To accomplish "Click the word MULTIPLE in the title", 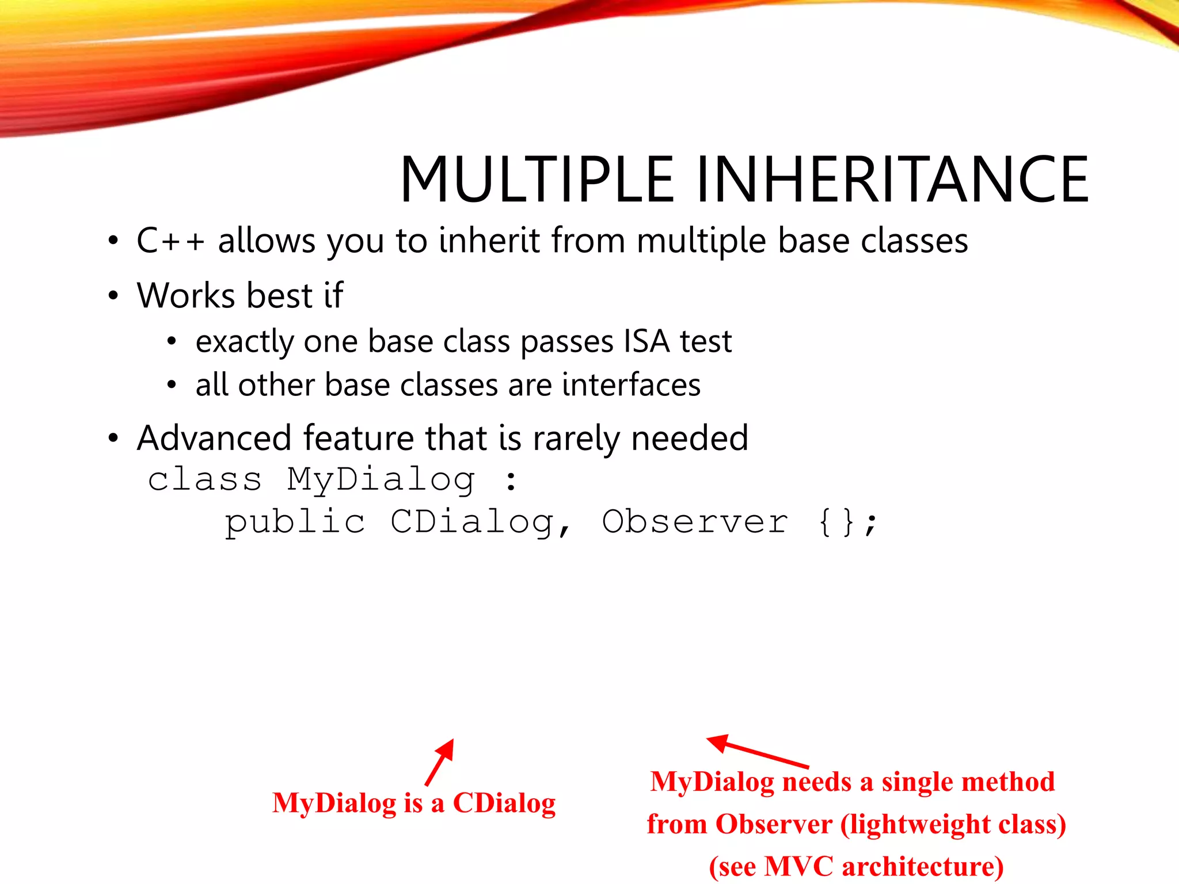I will (537, 180).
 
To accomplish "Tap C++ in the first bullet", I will (170, 241).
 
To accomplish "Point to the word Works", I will (185, 296).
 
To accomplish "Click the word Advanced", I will (214, 438).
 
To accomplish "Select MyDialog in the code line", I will (381, 479).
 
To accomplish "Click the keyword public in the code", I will (295, 522).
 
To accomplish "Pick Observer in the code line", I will (695, 522).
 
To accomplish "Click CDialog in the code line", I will (472, 522).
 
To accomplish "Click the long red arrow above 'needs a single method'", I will (757, 752).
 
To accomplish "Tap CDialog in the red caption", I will (504, 803).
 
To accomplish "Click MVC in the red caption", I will (798, 866).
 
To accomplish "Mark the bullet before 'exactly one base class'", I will (171, 342).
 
